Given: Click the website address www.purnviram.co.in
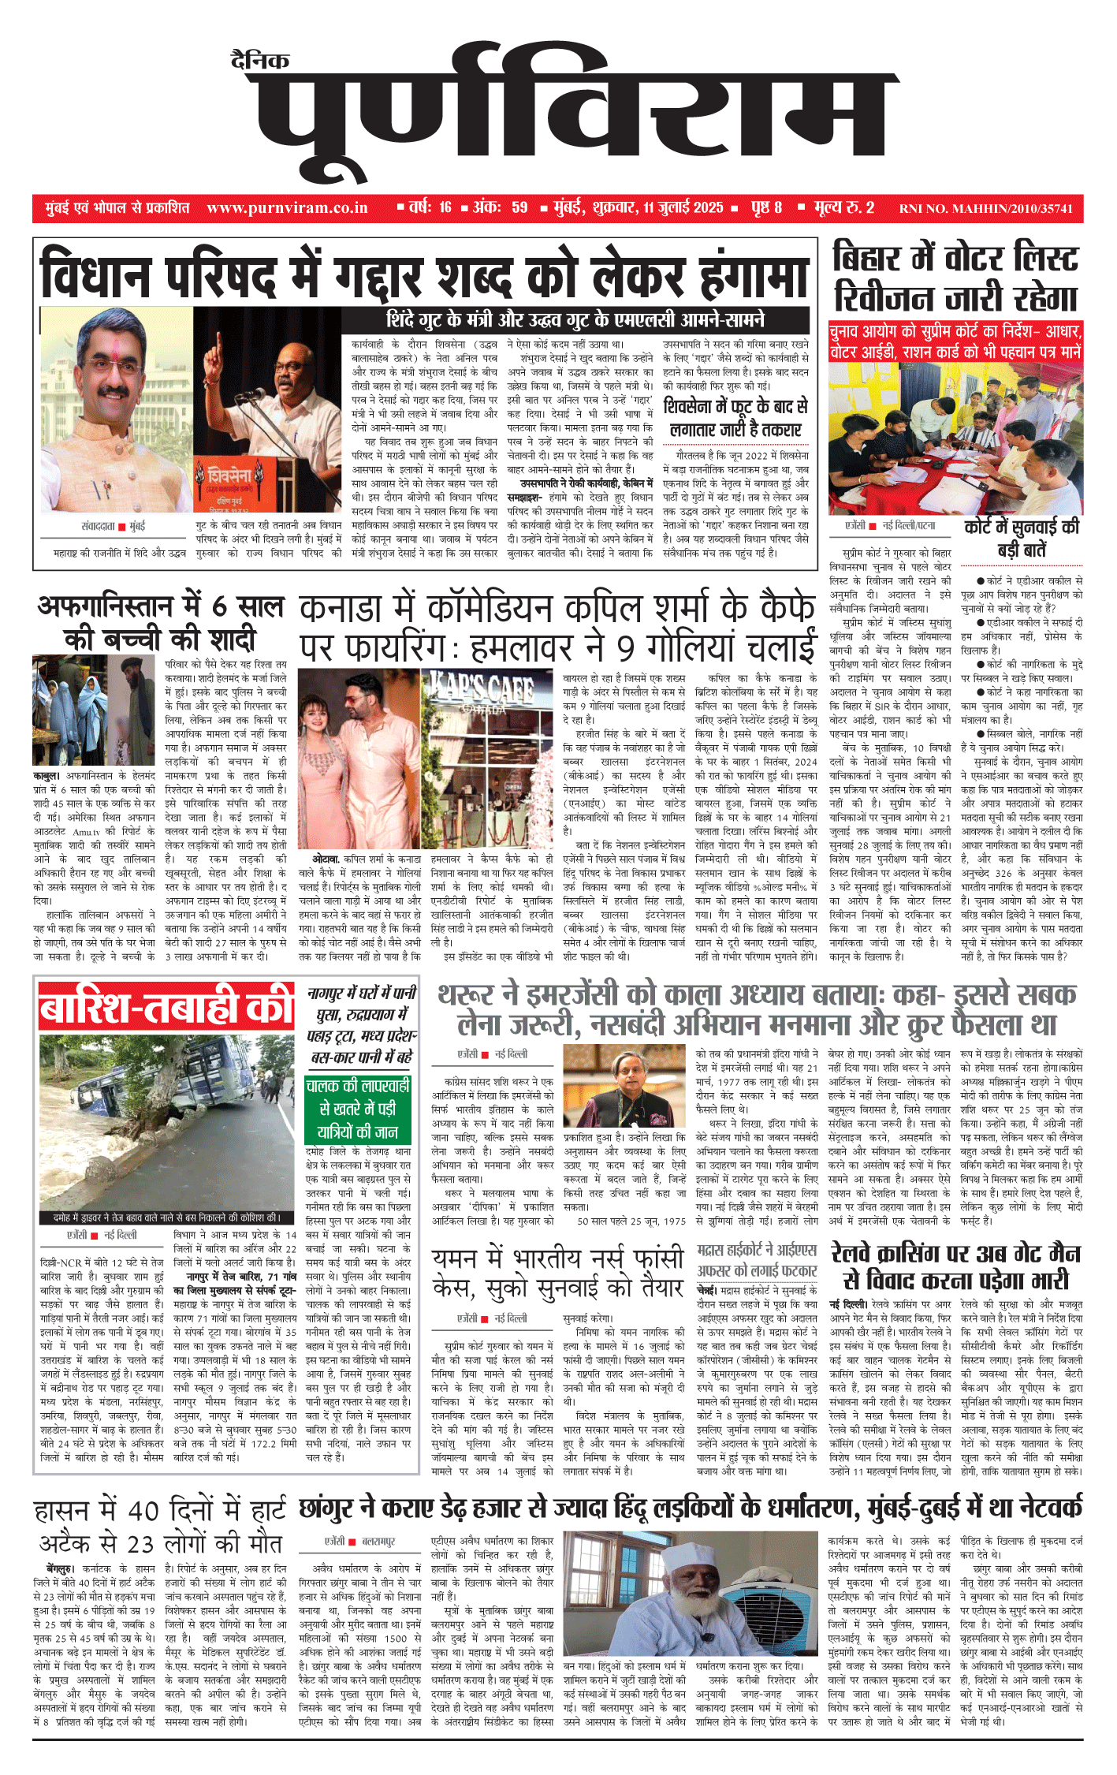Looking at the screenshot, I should coord(287,208).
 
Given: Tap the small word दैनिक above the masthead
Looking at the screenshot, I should coord(260,60).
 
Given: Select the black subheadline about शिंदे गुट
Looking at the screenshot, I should coord(575,320).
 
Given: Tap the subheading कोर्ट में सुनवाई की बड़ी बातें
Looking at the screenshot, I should coord(1022,538).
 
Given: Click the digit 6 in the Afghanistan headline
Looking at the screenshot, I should coord(223,606).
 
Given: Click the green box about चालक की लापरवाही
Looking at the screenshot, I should coord(358,1108).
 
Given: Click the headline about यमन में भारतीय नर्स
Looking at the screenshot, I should coord(558,1272).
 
